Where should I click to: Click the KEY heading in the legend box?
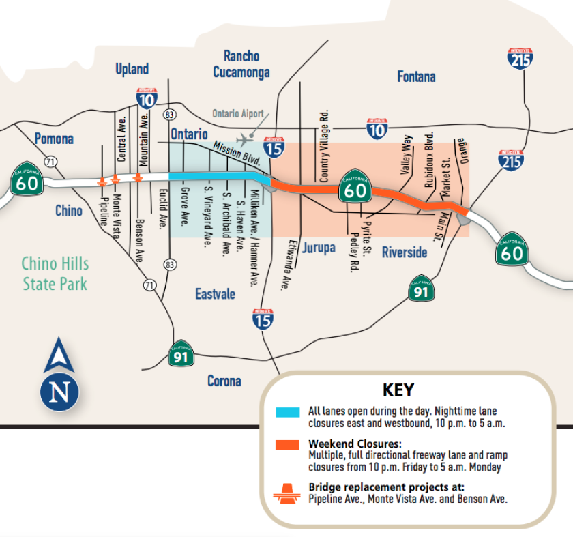tap(398, 390)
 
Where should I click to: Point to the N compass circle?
tap(59, 392)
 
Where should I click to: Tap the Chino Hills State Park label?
tap(55, 273)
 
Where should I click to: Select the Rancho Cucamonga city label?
tap(241, 64)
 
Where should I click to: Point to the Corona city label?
tap(224, 381)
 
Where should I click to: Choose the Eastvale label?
tap(215, 294)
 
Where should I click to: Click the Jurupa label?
tap(319, 247)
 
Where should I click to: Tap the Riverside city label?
tap(404, 252)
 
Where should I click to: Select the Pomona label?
tap(54, 139)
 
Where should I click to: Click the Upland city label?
tap(132, 69)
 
